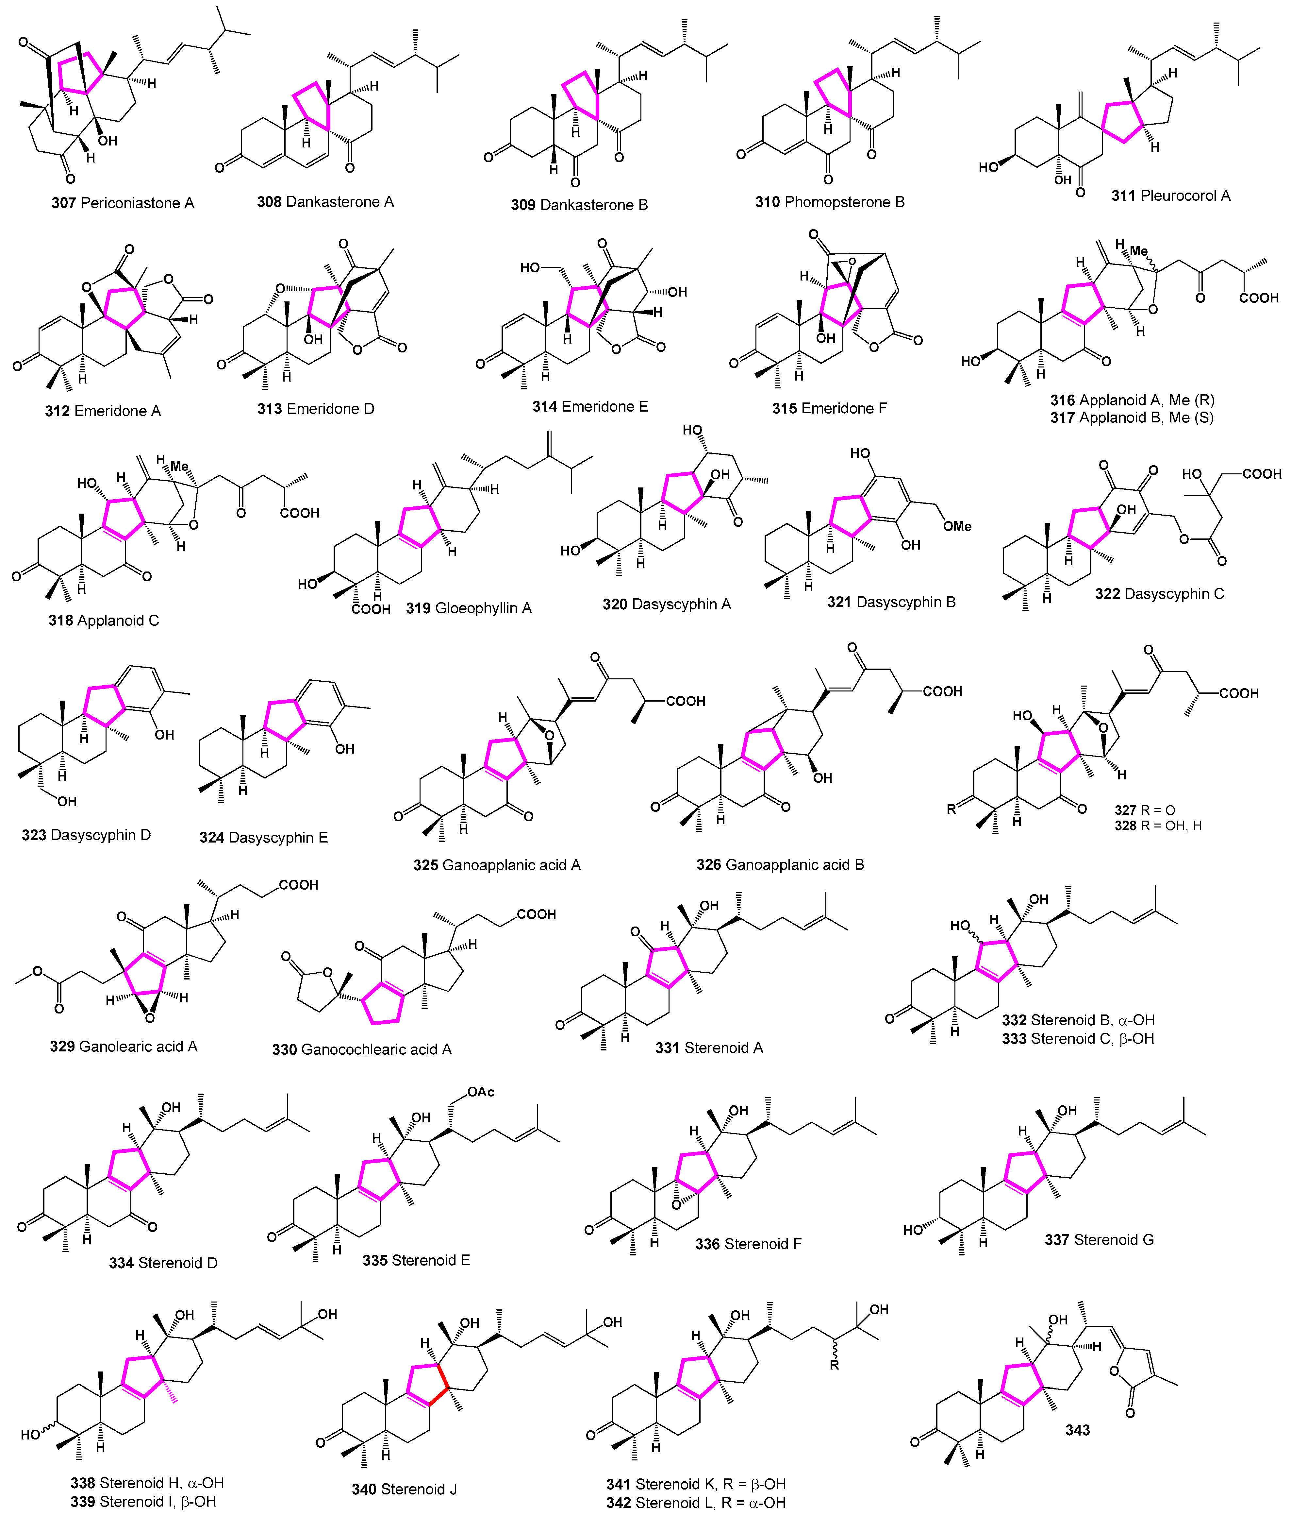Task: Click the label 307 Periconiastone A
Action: click(123, 203)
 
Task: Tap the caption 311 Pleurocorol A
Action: click(1170, 196)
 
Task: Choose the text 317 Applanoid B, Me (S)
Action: click(1132, 418)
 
